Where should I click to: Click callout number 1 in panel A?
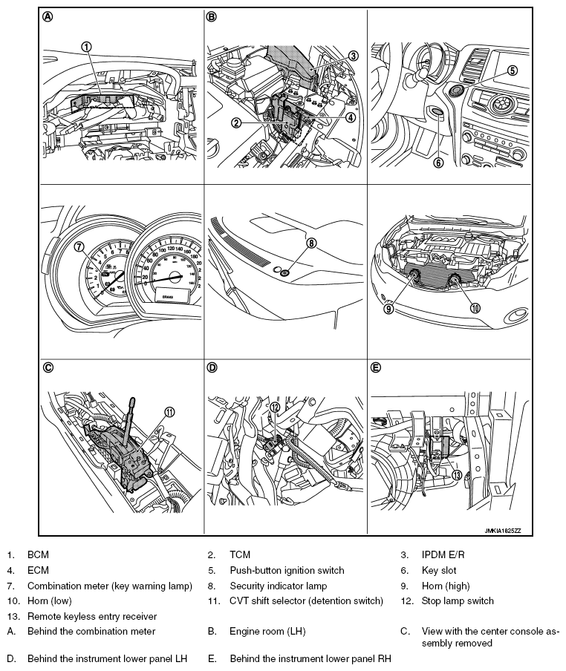(86, 46)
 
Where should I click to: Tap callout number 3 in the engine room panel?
(354, 55)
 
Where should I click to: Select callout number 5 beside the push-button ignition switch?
(512, 71)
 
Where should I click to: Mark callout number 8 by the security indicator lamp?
(312, 242)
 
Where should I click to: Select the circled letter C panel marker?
(48, 367)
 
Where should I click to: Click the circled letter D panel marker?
(212, 367)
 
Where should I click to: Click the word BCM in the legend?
(38, 554)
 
